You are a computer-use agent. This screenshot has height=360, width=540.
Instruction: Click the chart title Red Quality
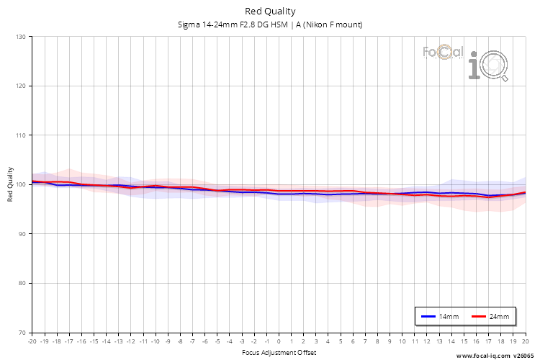[x=270, y=11]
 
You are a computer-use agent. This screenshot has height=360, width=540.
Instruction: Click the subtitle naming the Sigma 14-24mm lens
[x=270, y=25]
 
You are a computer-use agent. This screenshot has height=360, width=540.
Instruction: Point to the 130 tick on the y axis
[x=20, y=37]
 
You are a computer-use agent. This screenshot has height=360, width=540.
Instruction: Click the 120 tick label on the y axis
[x=20, y=86]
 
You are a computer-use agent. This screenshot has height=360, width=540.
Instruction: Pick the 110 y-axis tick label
[x=20, y=135]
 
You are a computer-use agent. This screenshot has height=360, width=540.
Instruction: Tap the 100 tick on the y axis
[x=20, y=184]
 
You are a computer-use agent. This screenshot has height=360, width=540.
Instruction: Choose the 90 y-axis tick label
[x=22, y=234]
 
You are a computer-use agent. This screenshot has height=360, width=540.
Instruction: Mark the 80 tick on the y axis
[x=22, y=283]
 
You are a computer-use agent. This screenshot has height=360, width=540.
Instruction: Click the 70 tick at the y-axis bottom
[x=22, y=333]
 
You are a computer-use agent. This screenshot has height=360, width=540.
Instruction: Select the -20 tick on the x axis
[x=32, y=342]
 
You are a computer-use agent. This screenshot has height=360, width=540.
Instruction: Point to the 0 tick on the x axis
[x=279, y=342]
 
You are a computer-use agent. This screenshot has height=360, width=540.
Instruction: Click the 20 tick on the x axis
[x=526, y=342]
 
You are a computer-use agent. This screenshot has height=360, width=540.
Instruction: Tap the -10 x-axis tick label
[x=155, y=342]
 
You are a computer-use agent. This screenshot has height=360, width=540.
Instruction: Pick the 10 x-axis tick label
[x=402, y=342]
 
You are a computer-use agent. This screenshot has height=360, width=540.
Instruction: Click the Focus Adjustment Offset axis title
[x=279, y=352]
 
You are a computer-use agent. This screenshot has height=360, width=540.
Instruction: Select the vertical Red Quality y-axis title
[x=10, y=184]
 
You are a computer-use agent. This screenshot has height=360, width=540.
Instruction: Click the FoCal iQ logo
[x=466, y=60]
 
